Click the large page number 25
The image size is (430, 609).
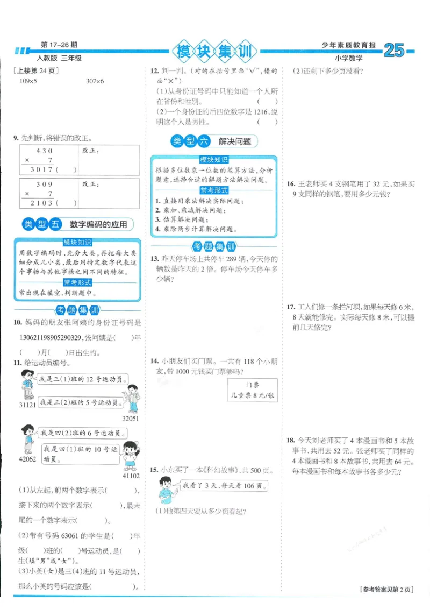pyautogui.click(x=394, y=51)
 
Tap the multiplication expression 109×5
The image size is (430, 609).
pyautogui.click(x=28, y=81)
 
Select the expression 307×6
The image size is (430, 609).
pyautogui.click(x=95, y=81)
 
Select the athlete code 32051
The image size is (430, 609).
pyautogui.click(x=131, y=419)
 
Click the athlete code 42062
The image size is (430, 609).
pyautogui.click(x=27, y=459)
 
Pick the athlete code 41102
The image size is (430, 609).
pyautogui.click(x=131, y=476)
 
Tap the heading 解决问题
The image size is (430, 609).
pyautogui.click(x=235, y=141)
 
